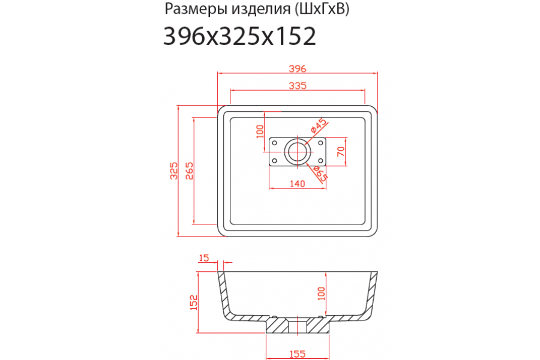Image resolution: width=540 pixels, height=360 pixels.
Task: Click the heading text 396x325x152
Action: tap(239, 36)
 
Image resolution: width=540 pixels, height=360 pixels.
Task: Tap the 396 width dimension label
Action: tap(297, 68)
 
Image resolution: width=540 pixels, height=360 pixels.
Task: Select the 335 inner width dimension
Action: tap(297, 85)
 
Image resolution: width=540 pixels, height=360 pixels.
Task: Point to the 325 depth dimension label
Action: tap(174, 170)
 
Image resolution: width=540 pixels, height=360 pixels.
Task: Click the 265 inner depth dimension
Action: tap(190, 170)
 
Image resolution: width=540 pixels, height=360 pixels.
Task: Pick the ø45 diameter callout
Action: tap(318, 125)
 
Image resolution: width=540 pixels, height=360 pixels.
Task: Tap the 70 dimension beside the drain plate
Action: tap(340, 151)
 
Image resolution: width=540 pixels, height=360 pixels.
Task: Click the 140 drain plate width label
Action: tap(297, 184)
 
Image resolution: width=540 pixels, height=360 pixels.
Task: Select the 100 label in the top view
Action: tap(260, 131)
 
